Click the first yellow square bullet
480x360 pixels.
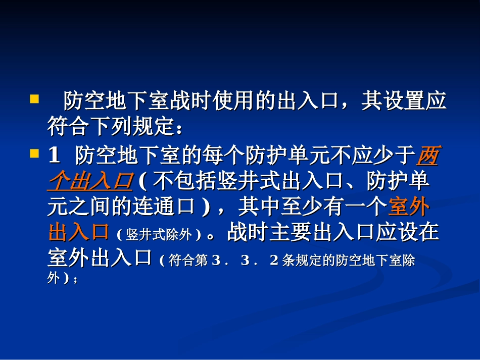click(34, 98)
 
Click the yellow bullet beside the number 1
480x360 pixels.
click(34, 153)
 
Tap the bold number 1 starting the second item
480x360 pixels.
click(54, 157)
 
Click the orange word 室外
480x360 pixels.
click(409, 208)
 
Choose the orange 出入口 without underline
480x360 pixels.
click(79, 233)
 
